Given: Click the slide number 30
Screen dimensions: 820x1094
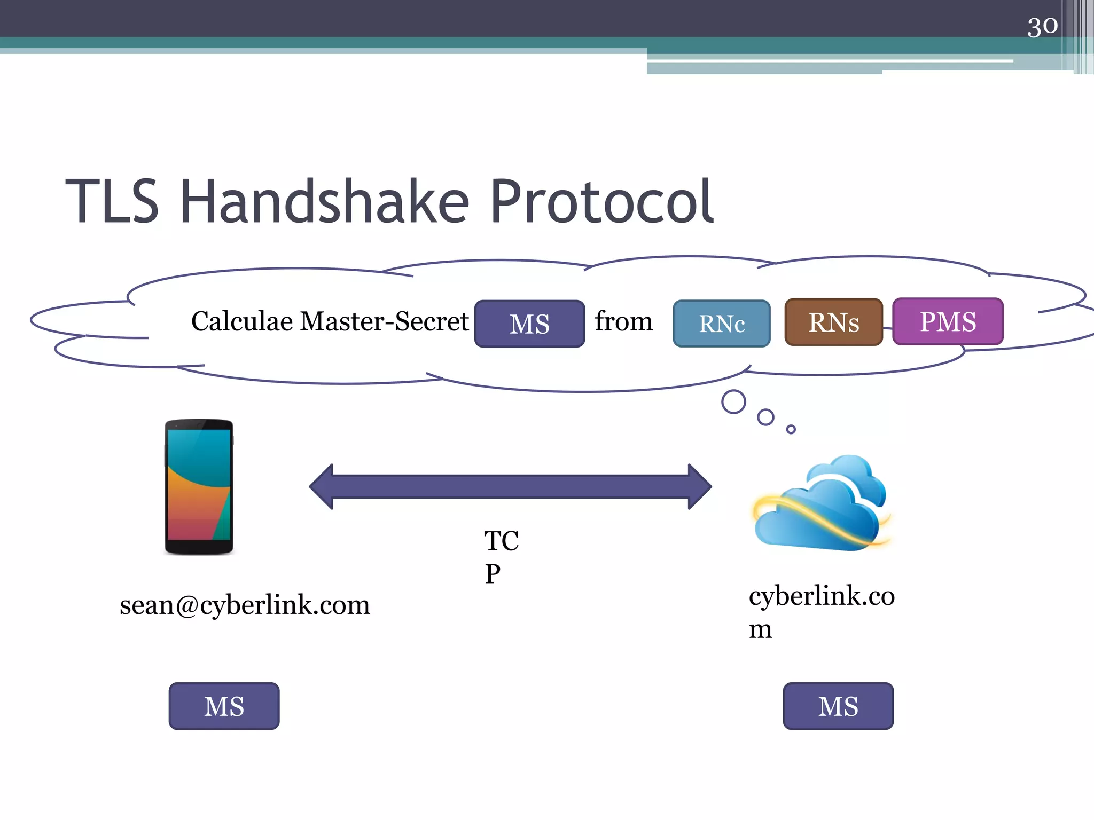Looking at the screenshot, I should tap(1042, 26).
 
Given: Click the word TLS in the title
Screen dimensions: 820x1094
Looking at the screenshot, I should tap(112, 202).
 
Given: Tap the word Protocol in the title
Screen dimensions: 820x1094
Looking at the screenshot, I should tap(601, 202).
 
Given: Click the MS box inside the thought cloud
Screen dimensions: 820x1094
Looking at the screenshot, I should tap(529, 324).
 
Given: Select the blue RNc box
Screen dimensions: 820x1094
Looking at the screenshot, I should tap(721, 324).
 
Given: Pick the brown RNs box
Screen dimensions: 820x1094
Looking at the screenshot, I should tap(833, 322).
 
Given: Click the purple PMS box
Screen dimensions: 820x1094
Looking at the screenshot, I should tap(948, 322).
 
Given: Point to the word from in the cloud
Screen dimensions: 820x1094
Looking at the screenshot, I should tap(623, 321).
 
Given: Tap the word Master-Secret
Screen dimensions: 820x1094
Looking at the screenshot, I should tap(385, 321).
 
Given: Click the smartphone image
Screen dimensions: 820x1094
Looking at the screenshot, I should tap(199, 487).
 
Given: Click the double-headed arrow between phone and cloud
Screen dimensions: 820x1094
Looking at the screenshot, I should tap(510, 486).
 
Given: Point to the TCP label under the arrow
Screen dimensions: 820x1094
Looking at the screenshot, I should tap(500, 557).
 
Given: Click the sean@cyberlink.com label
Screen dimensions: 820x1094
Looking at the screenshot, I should tap(245, 605).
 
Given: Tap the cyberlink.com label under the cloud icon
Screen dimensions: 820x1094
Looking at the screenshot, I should tap(820, 611).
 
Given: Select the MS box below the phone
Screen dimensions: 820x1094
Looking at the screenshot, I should tap(224, 706).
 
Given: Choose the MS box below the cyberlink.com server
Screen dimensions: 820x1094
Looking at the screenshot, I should tap(838, 706).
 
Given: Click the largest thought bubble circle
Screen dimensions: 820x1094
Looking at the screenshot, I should tap(733, 402).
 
